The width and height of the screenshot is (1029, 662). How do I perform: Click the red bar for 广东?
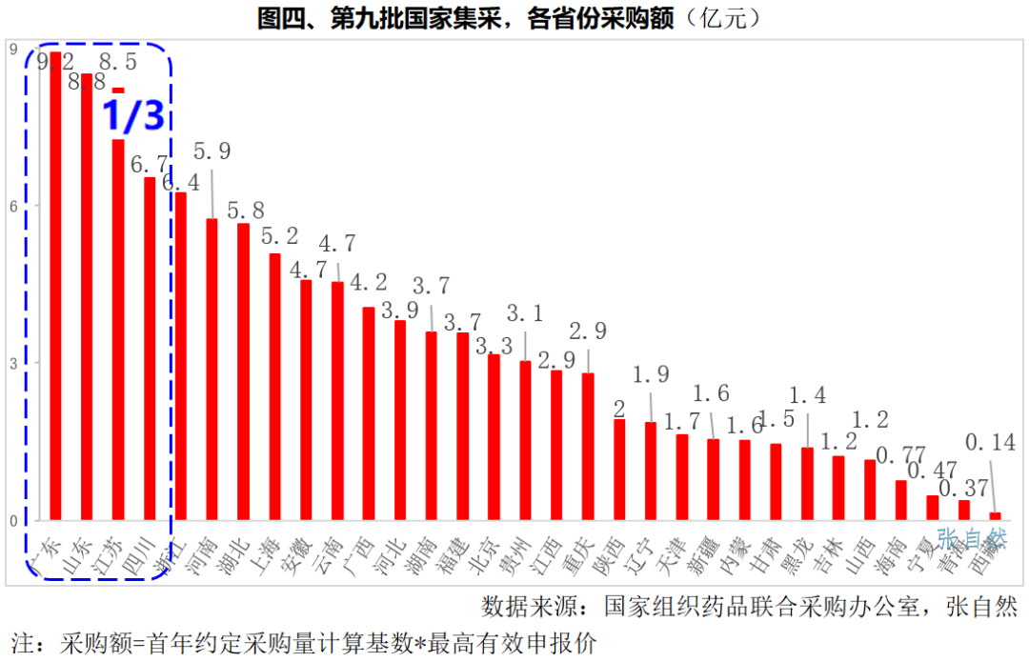point(55,286)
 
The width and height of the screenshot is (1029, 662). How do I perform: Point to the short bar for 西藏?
point(995,516)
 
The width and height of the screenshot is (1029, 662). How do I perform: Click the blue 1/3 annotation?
point(132,115)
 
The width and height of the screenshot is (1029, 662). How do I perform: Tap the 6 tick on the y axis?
point(12,206)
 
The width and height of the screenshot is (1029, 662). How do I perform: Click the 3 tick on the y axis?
point(12,363)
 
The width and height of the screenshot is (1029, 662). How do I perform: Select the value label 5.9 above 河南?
point(212,150)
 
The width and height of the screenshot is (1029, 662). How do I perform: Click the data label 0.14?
point(991,442)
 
